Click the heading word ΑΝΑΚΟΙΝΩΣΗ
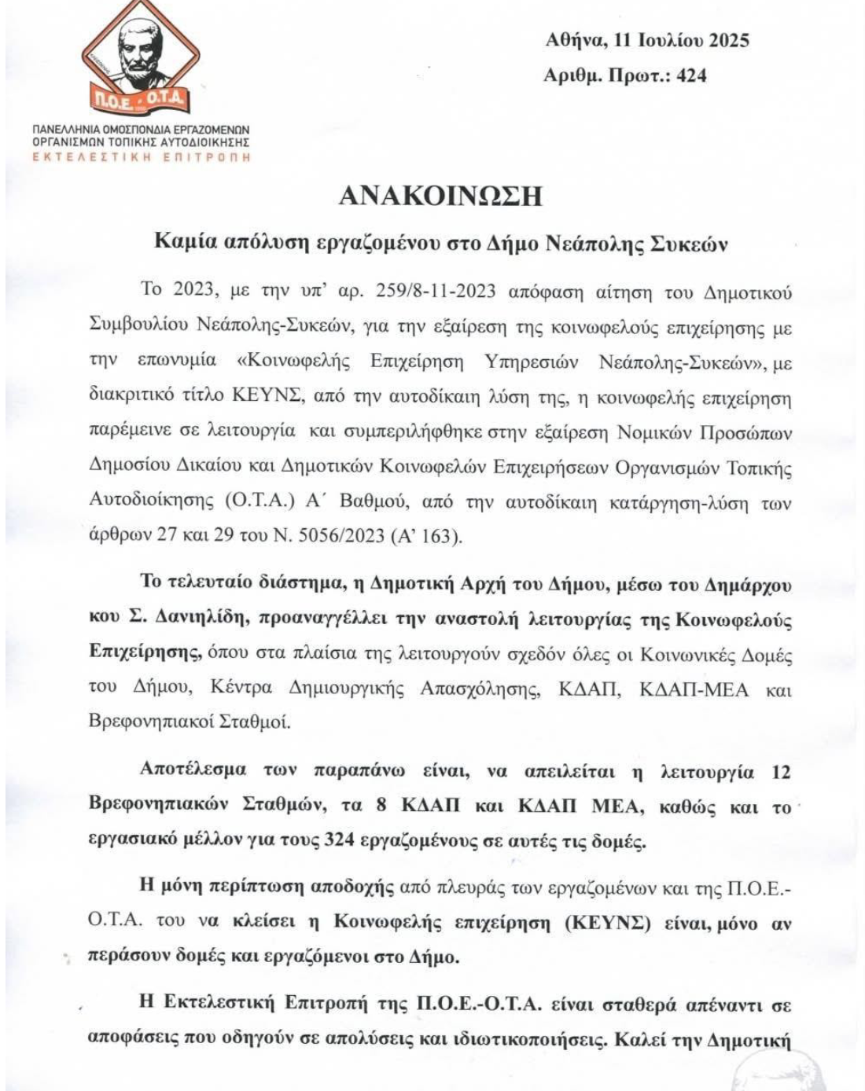[x=440, y=196]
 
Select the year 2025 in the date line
[x=729, y=40]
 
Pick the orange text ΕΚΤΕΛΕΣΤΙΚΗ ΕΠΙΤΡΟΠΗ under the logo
[x=142, y=157]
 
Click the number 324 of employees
[x=341, y=842]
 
